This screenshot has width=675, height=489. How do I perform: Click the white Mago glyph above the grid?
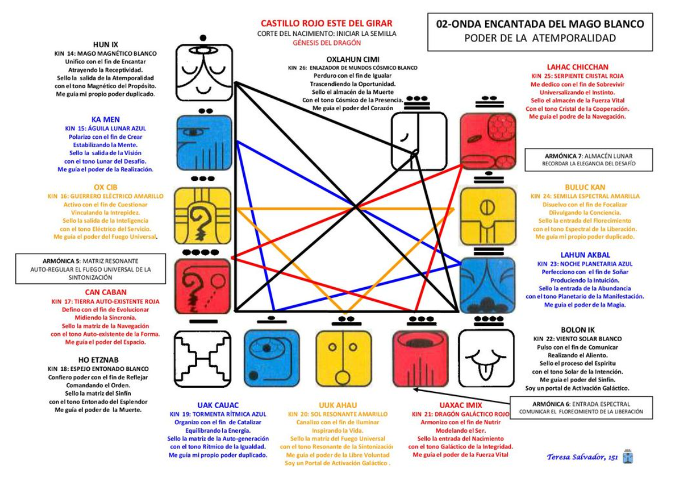pos(203,73)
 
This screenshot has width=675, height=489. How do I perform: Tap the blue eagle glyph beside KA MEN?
pos(203,143)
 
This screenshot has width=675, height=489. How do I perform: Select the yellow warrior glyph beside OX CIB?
pos(203,214)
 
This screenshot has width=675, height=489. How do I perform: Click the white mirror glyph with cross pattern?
pos(202,357)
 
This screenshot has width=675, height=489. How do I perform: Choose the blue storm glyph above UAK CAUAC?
pos(272,357)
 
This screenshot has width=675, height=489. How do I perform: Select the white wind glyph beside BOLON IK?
pos(486,357)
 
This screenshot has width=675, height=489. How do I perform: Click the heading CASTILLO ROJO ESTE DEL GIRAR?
pos(326,24)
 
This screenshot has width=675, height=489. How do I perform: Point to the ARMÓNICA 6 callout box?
pos(581,407)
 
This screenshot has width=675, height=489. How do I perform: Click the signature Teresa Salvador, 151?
pos(582,457)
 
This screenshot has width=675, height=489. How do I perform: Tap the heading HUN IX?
pos(106,44)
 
